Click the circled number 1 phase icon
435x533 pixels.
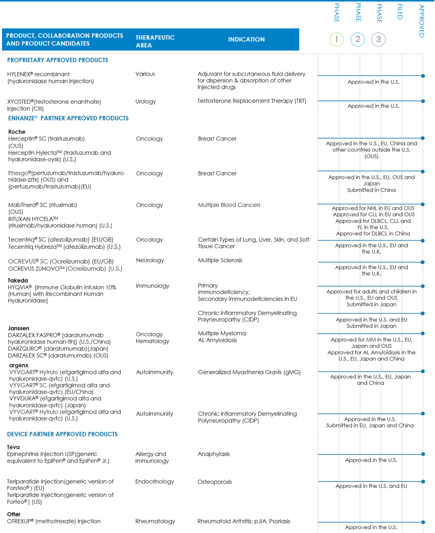[336, 40]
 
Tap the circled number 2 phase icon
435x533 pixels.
[357, 40]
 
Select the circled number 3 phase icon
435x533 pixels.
[378, 40]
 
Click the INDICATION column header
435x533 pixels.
[246, 40]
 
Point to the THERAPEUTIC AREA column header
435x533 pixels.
[155, 41]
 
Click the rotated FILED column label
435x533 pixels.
[400, 12]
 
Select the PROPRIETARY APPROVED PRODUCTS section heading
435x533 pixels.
[58, 60]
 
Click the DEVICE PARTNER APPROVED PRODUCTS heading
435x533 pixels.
[62, 434]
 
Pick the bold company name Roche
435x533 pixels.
[17, 132]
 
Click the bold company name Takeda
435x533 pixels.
[18, 281]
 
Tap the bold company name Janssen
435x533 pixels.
[19, 328]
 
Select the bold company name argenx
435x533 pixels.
[19, 365]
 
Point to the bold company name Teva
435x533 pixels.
[13, 447]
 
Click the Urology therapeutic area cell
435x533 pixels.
[145, 101]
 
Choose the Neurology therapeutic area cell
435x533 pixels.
[150, 260]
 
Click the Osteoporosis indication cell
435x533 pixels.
[215, 482]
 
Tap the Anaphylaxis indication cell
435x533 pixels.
[214, 454]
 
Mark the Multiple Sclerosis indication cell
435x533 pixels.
[220, 260]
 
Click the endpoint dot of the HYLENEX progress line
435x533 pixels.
[423, 76]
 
